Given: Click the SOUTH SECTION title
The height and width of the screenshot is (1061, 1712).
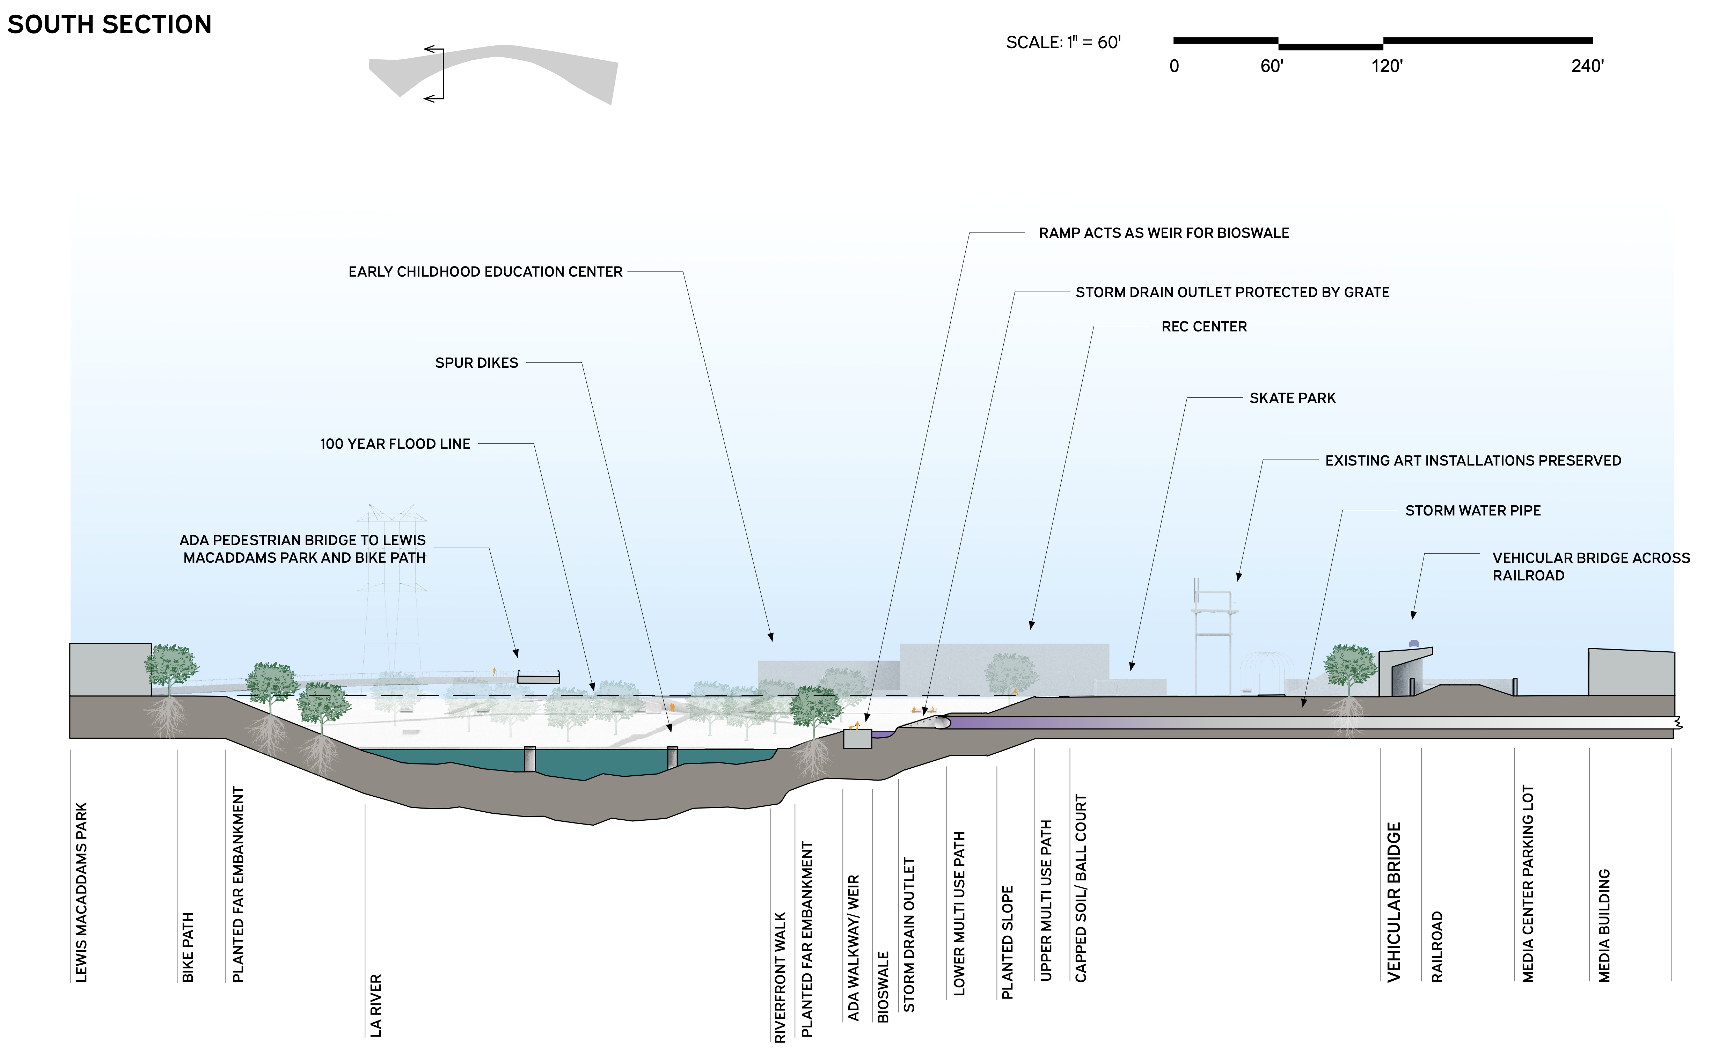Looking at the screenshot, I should (109, 24).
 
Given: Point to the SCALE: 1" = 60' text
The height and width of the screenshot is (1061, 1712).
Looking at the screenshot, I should (1063, 43).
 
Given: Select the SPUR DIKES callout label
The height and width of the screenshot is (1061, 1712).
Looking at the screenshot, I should (476, 363).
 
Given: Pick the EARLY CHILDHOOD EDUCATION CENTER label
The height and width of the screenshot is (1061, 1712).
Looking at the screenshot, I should (485, 272).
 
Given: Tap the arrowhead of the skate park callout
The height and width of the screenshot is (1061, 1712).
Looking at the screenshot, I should (1131, 667).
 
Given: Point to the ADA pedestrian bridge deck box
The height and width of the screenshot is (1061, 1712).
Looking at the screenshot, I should (538, 679).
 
